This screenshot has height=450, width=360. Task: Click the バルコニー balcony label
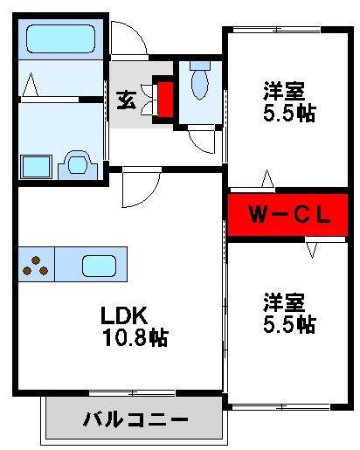point(135,420)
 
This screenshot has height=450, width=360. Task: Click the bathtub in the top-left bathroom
point(59,39)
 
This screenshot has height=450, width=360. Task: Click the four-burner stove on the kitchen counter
point(35,264)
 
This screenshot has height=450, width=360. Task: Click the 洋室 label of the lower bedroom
point(287,303)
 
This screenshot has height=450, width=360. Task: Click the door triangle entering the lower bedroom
point(311,249)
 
